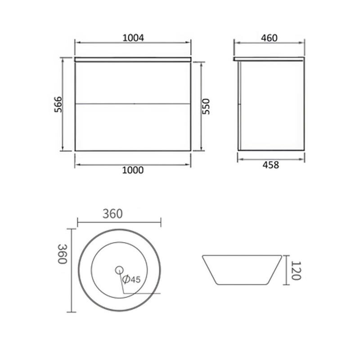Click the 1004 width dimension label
point(133,38)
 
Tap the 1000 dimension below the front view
point(133,170)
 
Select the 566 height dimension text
point(58,104)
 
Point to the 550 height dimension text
point(206,106)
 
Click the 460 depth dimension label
point(269,38)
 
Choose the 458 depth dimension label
point(271,165)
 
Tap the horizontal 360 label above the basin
point(112,214)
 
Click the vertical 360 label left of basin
point(62,254)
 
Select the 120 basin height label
point(296,270)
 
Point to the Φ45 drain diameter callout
point(131,279)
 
